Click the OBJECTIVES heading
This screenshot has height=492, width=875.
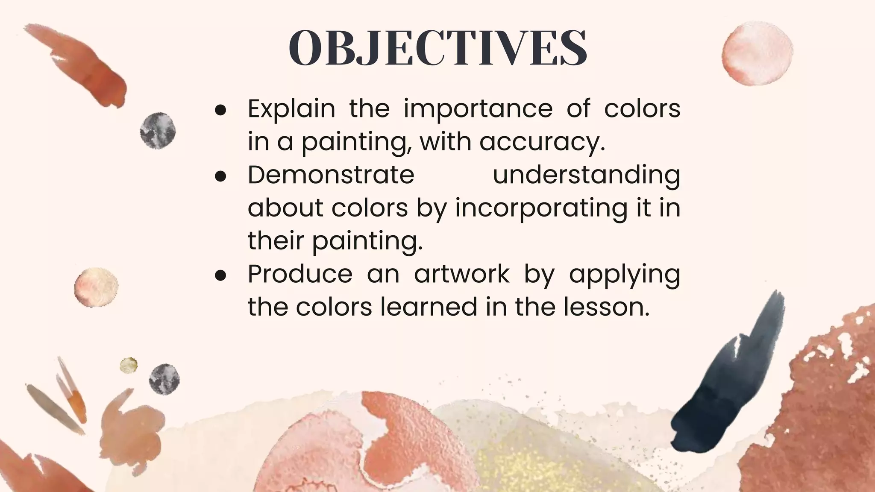(x=438, y=48)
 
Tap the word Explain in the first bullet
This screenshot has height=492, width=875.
(x=291, y=108)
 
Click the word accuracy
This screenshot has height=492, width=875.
(x=542, y=143)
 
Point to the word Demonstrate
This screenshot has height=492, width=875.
(x=331, y=175)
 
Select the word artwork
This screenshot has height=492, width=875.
(x=462, y=274)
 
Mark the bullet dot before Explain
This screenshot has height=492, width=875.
(x=220, y=110)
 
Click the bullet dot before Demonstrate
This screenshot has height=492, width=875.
(x=220, y=176)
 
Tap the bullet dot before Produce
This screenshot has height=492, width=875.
(x=220, y=275)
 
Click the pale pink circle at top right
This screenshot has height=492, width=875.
(x=757, y=53)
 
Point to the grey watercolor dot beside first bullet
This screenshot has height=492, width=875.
(x=158, y=131)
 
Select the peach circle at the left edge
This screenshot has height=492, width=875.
(x=96, y=287)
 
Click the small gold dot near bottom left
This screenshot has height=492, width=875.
(x=128, y=365)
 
